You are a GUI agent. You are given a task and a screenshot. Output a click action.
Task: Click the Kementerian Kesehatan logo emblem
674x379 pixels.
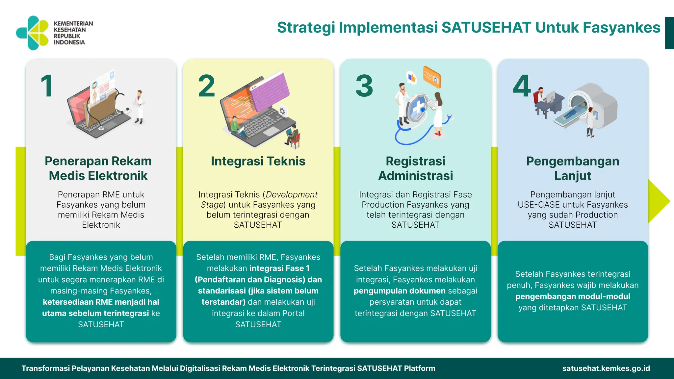tap(32, 33)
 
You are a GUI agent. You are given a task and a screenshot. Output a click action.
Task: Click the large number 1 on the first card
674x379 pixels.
tap(47, 86)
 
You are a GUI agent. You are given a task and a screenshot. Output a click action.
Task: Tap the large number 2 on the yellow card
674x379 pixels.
tap(207, 86)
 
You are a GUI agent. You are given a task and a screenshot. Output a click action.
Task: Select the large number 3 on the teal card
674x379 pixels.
tap(364, 86)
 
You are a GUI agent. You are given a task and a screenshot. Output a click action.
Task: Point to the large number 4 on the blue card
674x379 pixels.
tap(522, 86)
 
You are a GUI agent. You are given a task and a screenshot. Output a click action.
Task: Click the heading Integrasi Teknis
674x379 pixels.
tap(258, 161)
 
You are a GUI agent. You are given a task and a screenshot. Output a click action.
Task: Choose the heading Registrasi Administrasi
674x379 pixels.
tap(415, 168)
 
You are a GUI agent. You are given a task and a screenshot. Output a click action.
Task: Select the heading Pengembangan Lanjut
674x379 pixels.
tap(573, 168)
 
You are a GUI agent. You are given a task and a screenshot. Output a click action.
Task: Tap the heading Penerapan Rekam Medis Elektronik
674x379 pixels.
tap(98, 168)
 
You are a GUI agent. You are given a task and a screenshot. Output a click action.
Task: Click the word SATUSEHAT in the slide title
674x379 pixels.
tap(486, 27)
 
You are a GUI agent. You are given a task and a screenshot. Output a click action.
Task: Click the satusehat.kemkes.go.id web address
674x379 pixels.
tap(606, 368)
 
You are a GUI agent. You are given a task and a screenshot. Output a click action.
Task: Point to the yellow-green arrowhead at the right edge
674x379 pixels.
tap(658, 201)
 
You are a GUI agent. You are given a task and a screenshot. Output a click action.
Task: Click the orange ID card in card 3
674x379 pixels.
tap(432, 77)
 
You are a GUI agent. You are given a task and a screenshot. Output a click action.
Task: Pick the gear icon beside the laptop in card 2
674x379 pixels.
tap(282, 111)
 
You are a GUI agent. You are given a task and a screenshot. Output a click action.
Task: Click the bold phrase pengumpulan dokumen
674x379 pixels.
tap(400, 291)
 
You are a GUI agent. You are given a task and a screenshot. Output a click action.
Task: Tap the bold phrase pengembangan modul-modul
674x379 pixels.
tap(573, 296)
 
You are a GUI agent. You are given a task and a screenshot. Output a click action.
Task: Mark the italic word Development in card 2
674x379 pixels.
tap(292, 195)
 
